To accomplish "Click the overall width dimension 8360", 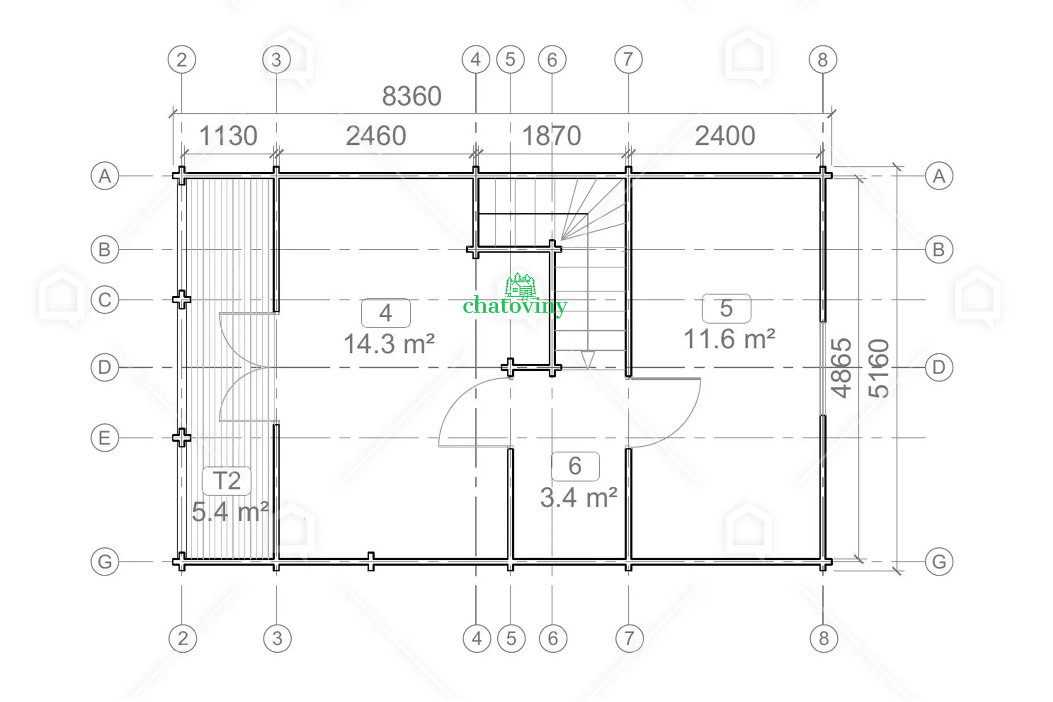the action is pos(412,96).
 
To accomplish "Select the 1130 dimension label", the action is pos(228,136).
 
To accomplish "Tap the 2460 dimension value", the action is pos(376,136).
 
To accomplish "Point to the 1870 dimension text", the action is pos(551,136).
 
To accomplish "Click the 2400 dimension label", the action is pos(725,136).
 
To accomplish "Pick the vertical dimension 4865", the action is pos(841,368).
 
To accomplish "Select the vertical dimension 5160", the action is pos(879,368).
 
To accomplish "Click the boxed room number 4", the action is pos(386,313).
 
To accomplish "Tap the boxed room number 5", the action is pos(726,308).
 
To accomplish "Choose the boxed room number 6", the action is pos(575,466).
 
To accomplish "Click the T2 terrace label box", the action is pos(227,480).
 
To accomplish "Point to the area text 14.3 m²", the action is pos(389,344).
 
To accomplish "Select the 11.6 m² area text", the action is pos(729,339).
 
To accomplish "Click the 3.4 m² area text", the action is pos(579,498).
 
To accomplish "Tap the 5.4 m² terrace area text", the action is pos(230,512).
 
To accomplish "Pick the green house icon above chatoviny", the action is pos(521,285).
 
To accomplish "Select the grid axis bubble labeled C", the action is pos(105,300).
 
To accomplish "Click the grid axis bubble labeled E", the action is pos(105,438).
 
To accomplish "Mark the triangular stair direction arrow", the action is pos(588,359).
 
